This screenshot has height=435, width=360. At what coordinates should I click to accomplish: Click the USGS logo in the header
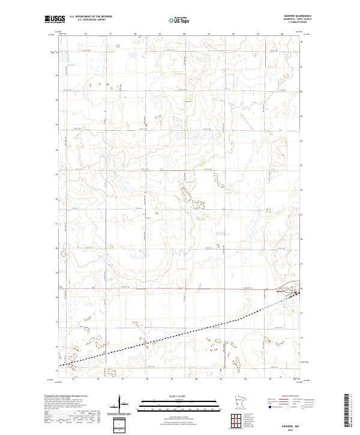[x=55, y=19]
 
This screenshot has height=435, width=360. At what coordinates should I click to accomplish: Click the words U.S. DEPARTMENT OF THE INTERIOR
[x=91, y=16]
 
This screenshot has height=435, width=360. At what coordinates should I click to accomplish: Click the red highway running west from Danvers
[x=180, y=289]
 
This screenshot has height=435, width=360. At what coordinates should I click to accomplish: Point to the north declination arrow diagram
[x=120, y=403]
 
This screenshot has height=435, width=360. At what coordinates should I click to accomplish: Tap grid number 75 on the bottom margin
[x=73, y=380]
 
